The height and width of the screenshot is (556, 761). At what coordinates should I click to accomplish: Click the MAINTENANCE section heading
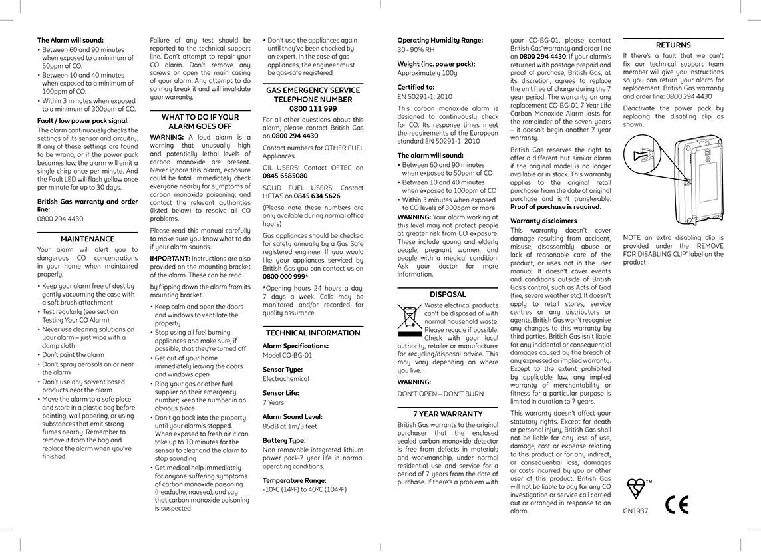(87, 239)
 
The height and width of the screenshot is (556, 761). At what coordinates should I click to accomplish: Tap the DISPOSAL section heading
(448, 294)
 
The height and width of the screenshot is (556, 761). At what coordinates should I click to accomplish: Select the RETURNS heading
(673, 45)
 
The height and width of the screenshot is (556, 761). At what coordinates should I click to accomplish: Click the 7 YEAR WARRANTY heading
(448, 414)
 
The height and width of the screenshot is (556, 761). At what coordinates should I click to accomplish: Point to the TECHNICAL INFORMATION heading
(313, 333)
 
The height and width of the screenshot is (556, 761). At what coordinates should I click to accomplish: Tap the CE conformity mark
(677, 506)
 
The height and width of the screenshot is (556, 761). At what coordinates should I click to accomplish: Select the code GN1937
(635, 511)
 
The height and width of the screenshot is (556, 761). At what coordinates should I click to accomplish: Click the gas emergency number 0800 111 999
(313, 108)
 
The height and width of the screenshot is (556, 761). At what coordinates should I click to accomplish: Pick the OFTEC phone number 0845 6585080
(285, 176)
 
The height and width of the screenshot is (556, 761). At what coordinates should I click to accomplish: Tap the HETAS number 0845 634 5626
(317, 196)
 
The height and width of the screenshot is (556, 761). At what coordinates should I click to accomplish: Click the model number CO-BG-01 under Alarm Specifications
(287, 355)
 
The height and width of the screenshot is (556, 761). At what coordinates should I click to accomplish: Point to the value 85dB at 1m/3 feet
(290, 426)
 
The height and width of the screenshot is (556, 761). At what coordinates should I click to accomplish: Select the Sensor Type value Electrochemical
(287, 379)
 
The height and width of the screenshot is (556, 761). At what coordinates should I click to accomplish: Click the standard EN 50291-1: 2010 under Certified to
(425, 97)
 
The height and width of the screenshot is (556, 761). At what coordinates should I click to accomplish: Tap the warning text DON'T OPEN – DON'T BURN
(432, 394)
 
